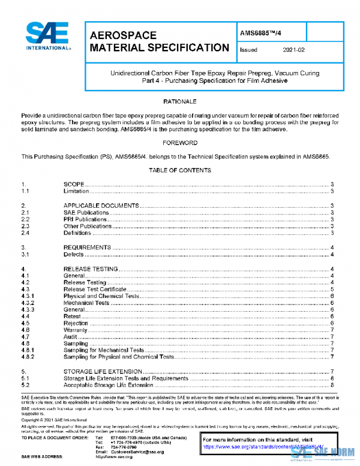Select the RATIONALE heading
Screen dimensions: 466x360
pyautogui.click(x=179, y=101)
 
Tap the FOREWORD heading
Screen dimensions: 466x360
pyautogui.click(x=179, y=143)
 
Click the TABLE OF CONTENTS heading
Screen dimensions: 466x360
pyautogui.click(x=179, y=171)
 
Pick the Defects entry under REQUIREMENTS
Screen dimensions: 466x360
pyautogui.click(x=74, y=255)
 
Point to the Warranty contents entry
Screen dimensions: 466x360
pyautogui.click(x=76, y=330)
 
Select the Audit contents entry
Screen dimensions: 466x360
pyautogui.click(x=70, y=336)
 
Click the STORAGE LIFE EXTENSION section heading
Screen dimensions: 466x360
pyautogui.click(x=106, y=372)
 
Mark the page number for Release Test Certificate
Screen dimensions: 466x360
pyautogui.click(x=332, y=289)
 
